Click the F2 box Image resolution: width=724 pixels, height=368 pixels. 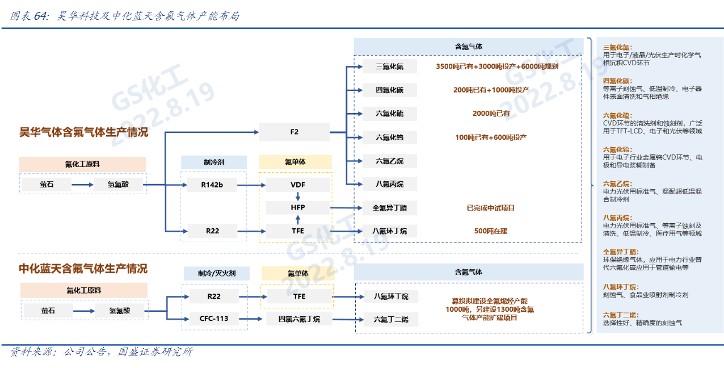tap(294, 132)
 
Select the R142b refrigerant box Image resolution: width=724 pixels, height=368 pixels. tap(212, 185)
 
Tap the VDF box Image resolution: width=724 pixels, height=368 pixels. tap(297, 185)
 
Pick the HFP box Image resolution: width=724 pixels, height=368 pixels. tap(297, 208)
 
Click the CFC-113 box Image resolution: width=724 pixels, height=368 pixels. tap(214, 319)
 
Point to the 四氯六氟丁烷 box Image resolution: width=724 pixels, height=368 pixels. tap(299, 319)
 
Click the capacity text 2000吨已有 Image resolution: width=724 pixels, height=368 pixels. tap(491, 114)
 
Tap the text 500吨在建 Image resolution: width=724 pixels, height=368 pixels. tap(491, 231)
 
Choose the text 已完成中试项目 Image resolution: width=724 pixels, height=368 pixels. tap(491, 208)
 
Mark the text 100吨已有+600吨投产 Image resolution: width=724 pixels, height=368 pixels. tap(491, 137)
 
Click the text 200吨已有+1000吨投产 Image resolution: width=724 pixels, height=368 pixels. tap(491, 90)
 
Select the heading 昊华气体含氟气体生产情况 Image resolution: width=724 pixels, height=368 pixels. tap(83, 132)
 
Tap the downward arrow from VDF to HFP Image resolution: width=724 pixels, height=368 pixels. tap(297, 196)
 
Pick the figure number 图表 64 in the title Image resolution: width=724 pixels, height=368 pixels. tap(29, 16)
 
